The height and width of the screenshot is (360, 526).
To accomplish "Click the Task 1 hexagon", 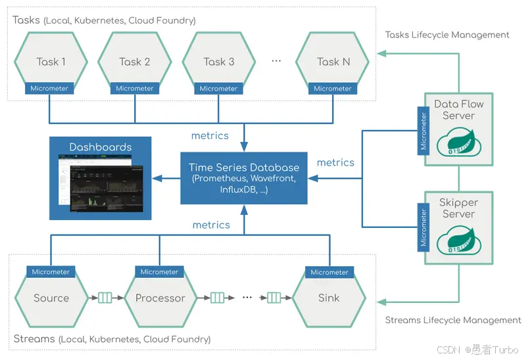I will pos(51,61).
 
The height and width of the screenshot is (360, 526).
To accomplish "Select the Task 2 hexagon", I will pos(134,61).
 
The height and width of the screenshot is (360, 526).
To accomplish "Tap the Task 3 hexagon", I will pos(218,61).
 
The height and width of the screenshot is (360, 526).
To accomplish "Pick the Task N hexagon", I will pos(333,61).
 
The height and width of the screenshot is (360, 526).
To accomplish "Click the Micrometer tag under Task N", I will pos(333,89).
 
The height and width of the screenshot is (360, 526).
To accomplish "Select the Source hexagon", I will pos(51,298).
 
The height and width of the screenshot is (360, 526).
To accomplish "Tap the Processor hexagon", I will pos(160,298).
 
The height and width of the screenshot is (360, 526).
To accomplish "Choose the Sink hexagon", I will pos(329,298).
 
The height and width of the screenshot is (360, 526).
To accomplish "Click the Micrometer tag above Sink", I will pos(329,272).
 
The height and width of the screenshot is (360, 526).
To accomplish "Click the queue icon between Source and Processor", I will pos(105,298).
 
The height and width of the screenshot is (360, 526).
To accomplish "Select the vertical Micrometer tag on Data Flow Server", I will pos(423,131).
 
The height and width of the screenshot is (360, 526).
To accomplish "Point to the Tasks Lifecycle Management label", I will pos(447,35).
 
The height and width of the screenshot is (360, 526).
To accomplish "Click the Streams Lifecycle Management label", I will pos(452,321).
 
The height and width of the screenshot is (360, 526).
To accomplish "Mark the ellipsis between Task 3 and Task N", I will pos(276,61).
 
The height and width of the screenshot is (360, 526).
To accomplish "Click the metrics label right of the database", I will pos(335,162).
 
